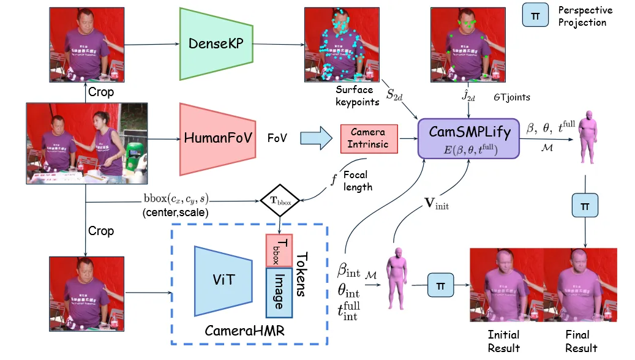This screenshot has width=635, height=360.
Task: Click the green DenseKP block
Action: point(216,43)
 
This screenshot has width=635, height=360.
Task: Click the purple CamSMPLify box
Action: point(468,139)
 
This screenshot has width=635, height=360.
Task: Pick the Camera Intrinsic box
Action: point(369,138)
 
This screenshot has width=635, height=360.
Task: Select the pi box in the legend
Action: point(535,16)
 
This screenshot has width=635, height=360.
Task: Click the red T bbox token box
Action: point(279,250)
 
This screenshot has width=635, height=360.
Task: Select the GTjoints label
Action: point(512,97)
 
